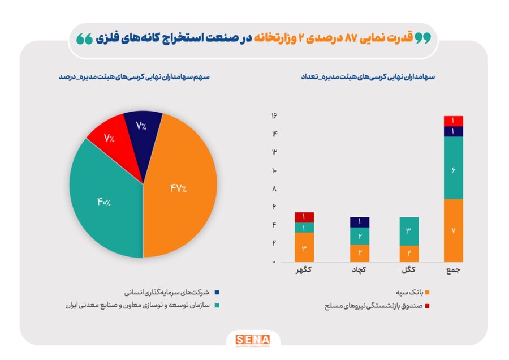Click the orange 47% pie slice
(x=181, y=190)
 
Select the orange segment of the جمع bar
(x=454, y=230)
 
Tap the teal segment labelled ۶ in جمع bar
(x=454, y=168)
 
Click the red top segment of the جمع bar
(x=454, y=121)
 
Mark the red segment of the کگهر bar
(x=304, y=217)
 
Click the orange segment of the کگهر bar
(x=304, y=247)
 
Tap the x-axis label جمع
(x=454, y=271)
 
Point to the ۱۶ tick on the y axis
(x=274, y=115)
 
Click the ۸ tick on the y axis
(x=274, y=188)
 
